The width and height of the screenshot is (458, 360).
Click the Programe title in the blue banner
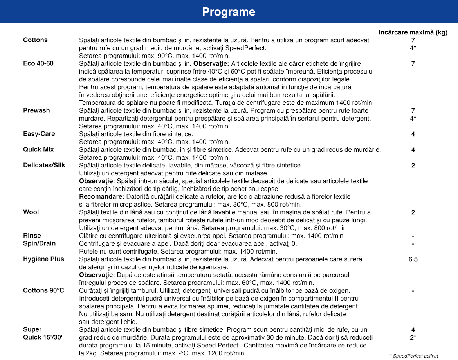pyautogui.click(x=229, y=12)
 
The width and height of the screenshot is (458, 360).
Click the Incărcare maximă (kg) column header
pyautogui.click(x=413, y=32)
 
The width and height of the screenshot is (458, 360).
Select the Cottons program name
pyautogui.click(x=35, y=40)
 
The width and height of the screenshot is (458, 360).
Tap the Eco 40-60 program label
pyautogui.click(x=38, y=63)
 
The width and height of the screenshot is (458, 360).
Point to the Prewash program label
pyautogui.click(x=36, y=110)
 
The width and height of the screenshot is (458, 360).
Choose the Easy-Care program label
pyautogui.click(x=39, y=134)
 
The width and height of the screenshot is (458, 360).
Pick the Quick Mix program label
pyautogui.click(x=38, y=149)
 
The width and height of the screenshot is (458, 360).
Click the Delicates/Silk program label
pyautogui.click(x=44, y=165)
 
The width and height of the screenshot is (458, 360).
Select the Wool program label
pyautogui.click(x=31, y=212)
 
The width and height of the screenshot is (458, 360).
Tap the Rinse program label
pyautogui.click(x=32, y=236)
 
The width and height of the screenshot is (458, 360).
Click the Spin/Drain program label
pyautogui.click(x=39, y=243)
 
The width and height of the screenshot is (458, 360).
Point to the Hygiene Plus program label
pyautogui.click(x=43, y=259)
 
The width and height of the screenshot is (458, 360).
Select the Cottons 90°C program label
pyautogui.click(x=43, y=290)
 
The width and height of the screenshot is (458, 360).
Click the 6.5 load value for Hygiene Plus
pyautogui.click(x=413, y=259)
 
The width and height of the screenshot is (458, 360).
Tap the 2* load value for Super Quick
pyautogui.click(x=413, y=337)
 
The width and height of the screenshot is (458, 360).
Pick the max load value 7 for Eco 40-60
pyautogui.click(x=413, y=63)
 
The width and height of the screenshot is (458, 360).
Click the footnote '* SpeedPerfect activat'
pyautogui.click(x=414, y=356)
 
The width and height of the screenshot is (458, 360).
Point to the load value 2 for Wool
pyautogui.click(x=413, y=212)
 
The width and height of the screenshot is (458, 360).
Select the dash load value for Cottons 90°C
pyautogui.click(x=413, y=290)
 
